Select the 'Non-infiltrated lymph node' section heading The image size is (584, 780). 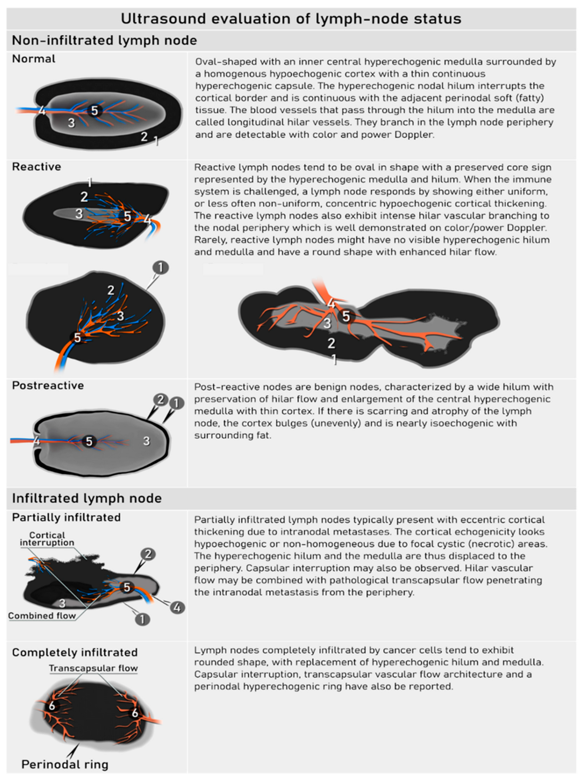(x=104, y=41)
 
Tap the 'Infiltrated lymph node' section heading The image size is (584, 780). (x=87, y=498)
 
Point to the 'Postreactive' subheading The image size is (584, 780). (x=48, y=385)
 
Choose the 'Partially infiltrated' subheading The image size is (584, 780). (x=66, y=517)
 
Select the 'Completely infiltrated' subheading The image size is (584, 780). (x=75, y=652)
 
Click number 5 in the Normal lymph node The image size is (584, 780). (x=95, y=111)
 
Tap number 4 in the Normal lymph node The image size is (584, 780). (x=42, y=111)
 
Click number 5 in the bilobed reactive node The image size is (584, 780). (x=346, y=316)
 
